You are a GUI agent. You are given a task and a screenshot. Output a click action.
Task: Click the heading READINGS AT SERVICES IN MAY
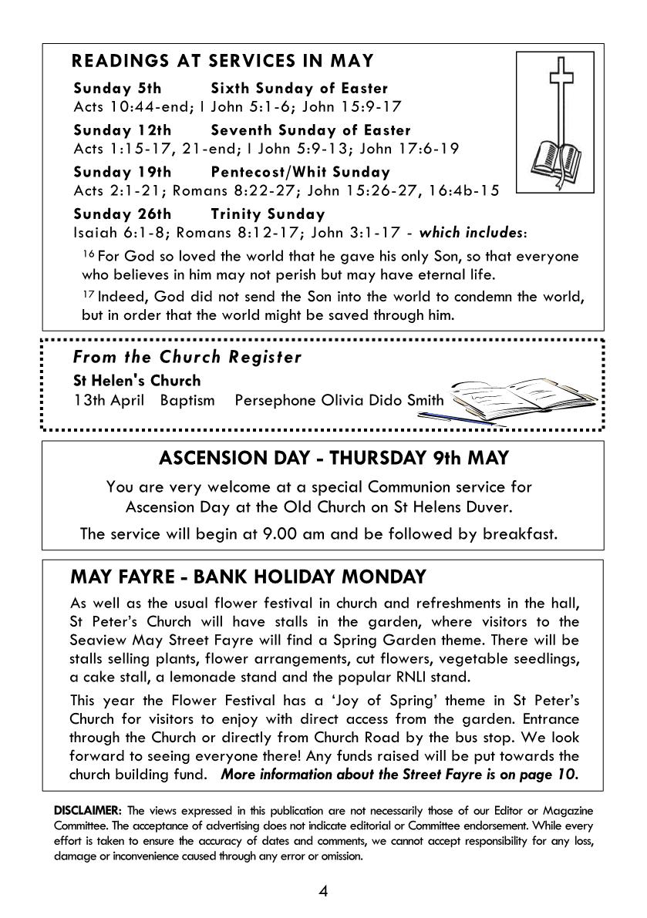pyautogui.click(x=222, y=61)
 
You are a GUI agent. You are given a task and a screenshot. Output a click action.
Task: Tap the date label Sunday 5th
pyautogui.click(x=117, y=89)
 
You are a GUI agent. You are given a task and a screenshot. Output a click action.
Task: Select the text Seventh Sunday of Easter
pyautogui.click(x=311, y=130)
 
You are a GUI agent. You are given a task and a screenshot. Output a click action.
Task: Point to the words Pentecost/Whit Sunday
pyautogui.click(x=300, y=172)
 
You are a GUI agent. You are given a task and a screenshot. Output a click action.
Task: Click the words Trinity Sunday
pyautogui.click(x=268, y=214)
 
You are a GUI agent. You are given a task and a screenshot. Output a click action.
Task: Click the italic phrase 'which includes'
pyautogui.click(x=470, y=233)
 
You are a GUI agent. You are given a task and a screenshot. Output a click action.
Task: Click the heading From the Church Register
pyautogui.click(x=187, y=357)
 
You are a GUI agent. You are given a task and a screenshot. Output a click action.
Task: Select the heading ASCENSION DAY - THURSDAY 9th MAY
pyautogui.click(x=334, y=458)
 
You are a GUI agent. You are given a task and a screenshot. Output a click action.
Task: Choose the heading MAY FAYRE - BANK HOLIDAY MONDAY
pyautogui.click(x=248, y=577)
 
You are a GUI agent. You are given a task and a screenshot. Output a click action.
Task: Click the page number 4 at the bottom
pyautogui.click(x=323, y=891)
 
